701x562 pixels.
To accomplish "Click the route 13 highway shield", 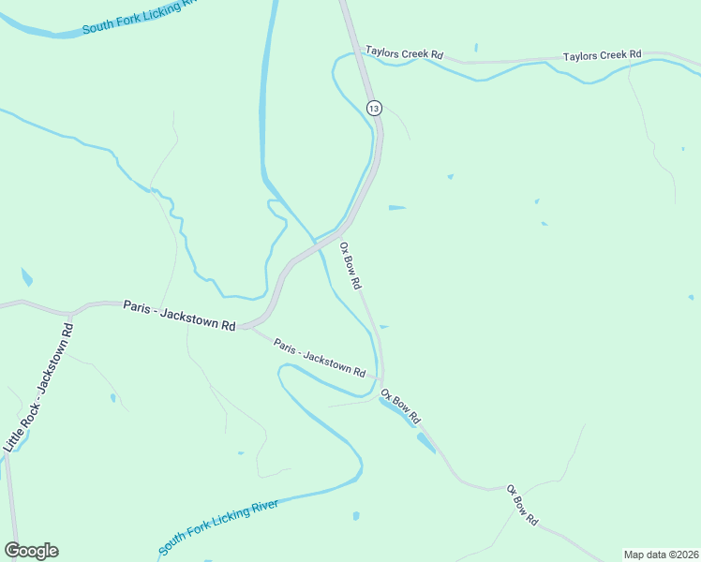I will point(374,108).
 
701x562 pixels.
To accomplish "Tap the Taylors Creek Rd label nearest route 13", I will point(404,53).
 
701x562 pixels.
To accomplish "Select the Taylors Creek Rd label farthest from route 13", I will point(602,56).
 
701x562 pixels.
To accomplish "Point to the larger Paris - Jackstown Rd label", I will point(179,315).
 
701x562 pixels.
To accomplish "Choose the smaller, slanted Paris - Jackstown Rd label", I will point(320,356).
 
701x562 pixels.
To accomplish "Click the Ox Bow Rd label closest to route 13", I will point(350,266).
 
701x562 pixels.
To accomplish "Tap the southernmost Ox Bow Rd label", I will point(522,504).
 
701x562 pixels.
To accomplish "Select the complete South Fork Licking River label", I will point(218,527).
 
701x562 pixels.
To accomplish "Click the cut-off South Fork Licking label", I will point(141,16).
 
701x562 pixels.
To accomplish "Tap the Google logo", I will point(31,551).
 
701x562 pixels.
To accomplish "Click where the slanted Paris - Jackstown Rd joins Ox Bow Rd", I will point(381,378).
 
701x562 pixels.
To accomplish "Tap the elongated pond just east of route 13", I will point(396,207).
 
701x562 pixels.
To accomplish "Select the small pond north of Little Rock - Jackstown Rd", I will point(26,277).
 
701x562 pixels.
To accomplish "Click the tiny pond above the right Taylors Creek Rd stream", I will point(476,47).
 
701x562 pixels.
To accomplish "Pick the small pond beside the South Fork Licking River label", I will point(356,515).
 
